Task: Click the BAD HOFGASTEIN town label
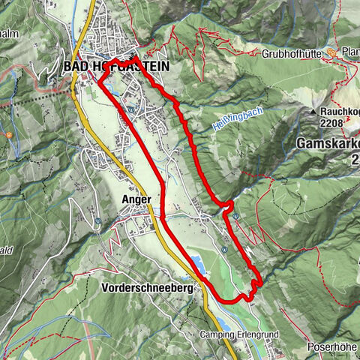tap(115, 66)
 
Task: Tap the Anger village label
tap(136, 199)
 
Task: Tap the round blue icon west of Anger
tap(98, 221)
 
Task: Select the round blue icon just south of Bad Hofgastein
tap(130, 109)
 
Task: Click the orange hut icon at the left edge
tap(8, 136)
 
